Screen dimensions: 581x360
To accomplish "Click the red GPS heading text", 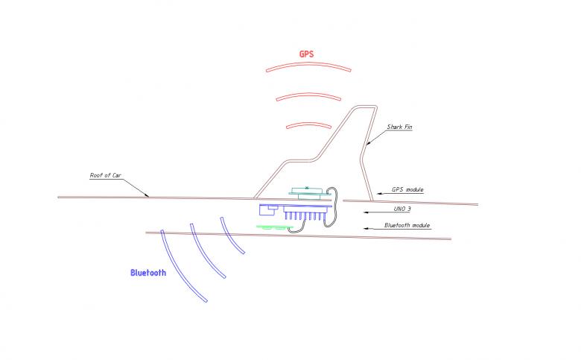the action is point(306,54).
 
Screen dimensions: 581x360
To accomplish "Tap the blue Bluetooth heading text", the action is point(148,273).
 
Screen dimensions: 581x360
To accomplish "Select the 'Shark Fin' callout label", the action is point(399,127).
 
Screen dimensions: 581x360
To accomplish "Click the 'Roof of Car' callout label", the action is point(106,175).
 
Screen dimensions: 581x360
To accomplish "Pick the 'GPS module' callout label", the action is point(407,189).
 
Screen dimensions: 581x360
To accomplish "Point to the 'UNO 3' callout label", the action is point(402,209).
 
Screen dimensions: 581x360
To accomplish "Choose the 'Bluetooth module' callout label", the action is point(407,225).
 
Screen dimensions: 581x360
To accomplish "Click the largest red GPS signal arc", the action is point(308,64).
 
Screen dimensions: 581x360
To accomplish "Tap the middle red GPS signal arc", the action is point(308,94).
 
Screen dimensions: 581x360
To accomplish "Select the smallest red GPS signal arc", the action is point(308,124).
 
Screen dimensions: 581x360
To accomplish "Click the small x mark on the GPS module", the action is point(307,188).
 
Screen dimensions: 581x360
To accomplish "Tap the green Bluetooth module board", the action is point(275,227).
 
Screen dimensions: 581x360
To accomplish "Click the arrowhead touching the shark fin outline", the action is point(368,143).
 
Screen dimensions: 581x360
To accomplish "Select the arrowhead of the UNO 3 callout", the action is point(366,212).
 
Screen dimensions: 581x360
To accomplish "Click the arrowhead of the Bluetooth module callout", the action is point(366,228).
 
